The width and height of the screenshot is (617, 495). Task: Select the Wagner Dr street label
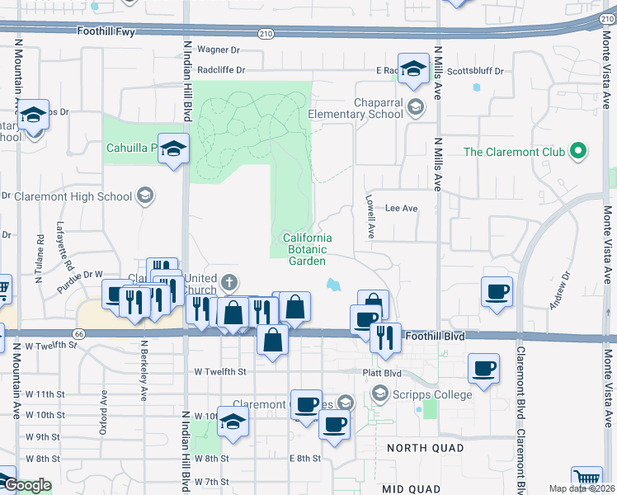(x=218, y=50)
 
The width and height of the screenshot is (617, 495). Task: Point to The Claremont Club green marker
(x=578, y=151)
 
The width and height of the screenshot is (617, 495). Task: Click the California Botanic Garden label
(x=307, y=249)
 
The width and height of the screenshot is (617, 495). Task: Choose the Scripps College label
(x=432, y=394)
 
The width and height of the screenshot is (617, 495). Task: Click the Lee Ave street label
(x=402, y=209)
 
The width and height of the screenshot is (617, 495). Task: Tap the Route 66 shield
(x=78, y=333)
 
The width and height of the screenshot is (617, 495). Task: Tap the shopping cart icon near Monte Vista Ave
(x=586, y=478)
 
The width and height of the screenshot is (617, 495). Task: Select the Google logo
(x=26, y=485)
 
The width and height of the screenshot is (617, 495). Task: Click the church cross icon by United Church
(x=229, y=283)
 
